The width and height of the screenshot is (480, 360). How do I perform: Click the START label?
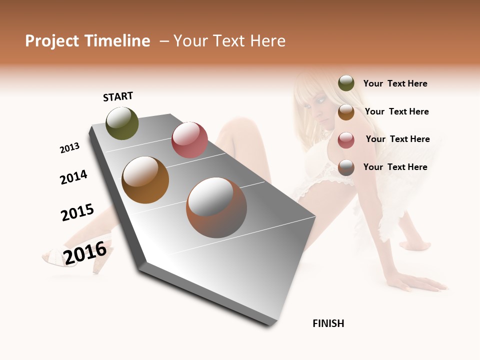[x=118, y=96]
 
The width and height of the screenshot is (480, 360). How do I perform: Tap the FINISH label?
[x=328, y=323]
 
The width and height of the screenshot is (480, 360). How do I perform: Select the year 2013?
[x=69, y=148]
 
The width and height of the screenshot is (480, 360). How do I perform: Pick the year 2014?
[x=73, y=177]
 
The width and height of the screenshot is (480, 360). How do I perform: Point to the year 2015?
[x=77, y=212]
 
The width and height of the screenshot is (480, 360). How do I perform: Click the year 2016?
[x=85, y=252]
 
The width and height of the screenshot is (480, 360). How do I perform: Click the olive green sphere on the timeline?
[x=122, y=123]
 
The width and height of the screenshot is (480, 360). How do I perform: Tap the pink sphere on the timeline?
[x=189, y=139]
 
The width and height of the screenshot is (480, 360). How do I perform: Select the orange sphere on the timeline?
[x=145, y=179]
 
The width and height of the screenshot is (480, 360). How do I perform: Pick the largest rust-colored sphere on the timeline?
[x=216, y=207]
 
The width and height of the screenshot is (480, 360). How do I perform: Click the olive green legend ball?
[x=346, y=83]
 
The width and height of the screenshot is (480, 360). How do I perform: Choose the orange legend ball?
[x=346, y=111]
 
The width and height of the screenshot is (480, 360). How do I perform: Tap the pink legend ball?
[x=346, y=139]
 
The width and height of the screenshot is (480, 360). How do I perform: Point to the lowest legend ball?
[x=346, y=167]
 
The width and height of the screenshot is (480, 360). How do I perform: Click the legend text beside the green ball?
[x=395, y=83]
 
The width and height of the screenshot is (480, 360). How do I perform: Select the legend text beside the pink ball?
[x=397, y=139]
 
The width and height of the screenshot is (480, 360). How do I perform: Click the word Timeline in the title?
[x=117, y=41]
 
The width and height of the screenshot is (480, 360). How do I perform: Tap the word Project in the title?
[x=52, y=41]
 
